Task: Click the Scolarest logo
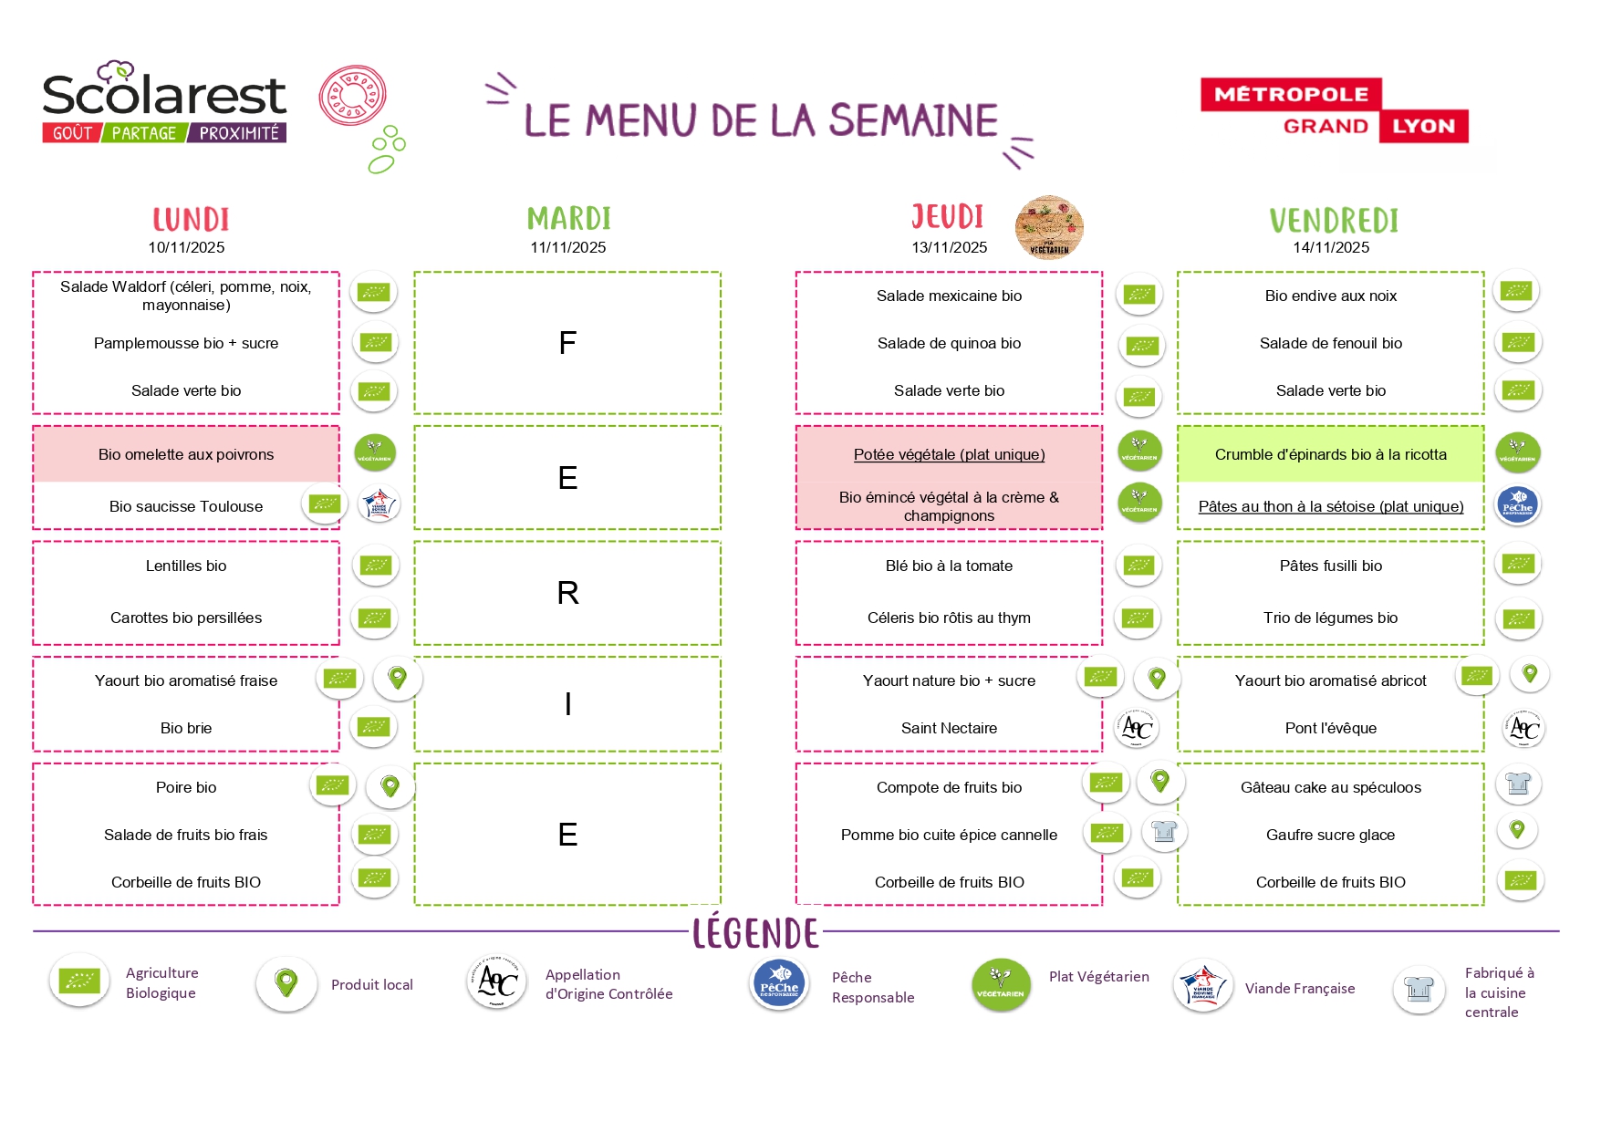[164, 102]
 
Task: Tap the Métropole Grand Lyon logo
[1334, 110]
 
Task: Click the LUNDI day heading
[191, 220]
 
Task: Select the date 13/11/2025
[949, 247]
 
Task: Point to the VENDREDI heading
[1333, 221]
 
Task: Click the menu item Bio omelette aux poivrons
[186, 454]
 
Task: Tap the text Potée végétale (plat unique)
[949, 454]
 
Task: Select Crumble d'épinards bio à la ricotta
[1330, 454]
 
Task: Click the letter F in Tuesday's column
[567, 343]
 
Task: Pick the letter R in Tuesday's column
[567, 593]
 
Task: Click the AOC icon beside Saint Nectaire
[1137, 728]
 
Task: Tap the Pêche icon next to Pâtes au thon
[1518, 504]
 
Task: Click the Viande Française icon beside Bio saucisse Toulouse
[379, 504]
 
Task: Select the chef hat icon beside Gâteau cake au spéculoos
[1518, 784]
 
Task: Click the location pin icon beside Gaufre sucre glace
[1517, 830]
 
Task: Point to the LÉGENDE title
[755, 933]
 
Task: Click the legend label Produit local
[371, 985]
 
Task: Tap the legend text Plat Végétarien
[1098, 977]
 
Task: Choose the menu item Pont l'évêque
[1330, 728]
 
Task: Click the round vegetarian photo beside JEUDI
[1049, 227]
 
